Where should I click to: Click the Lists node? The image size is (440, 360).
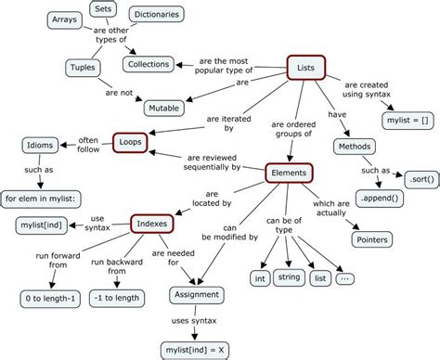click(305, 67)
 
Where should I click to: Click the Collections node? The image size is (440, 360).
click(149, 65)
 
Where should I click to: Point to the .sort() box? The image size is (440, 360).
click(418, 176)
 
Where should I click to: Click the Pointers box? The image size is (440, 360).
click(373, 239)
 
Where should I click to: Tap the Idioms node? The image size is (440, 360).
click(39, 145)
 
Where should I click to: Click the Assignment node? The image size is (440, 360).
click(197, 295)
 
